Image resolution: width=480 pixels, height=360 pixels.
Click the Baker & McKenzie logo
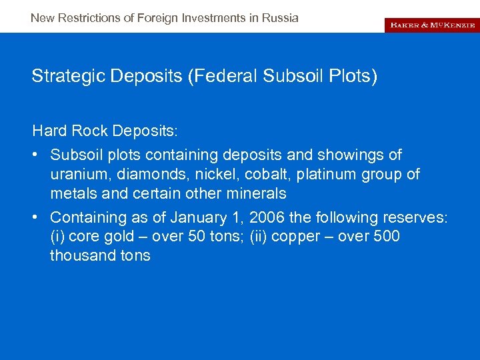pos(432,25)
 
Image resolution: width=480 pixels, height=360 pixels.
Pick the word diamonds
pos(147,175)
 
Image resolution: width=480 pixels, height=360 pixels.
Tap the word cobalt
pos(261,175)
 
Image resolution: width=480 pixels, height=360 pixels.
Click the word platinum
pos(323,175)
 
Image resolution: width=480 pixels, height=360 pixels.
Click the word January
pos(197,217)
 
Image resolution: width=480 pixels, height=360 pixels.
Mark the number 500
pos(387,237)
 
